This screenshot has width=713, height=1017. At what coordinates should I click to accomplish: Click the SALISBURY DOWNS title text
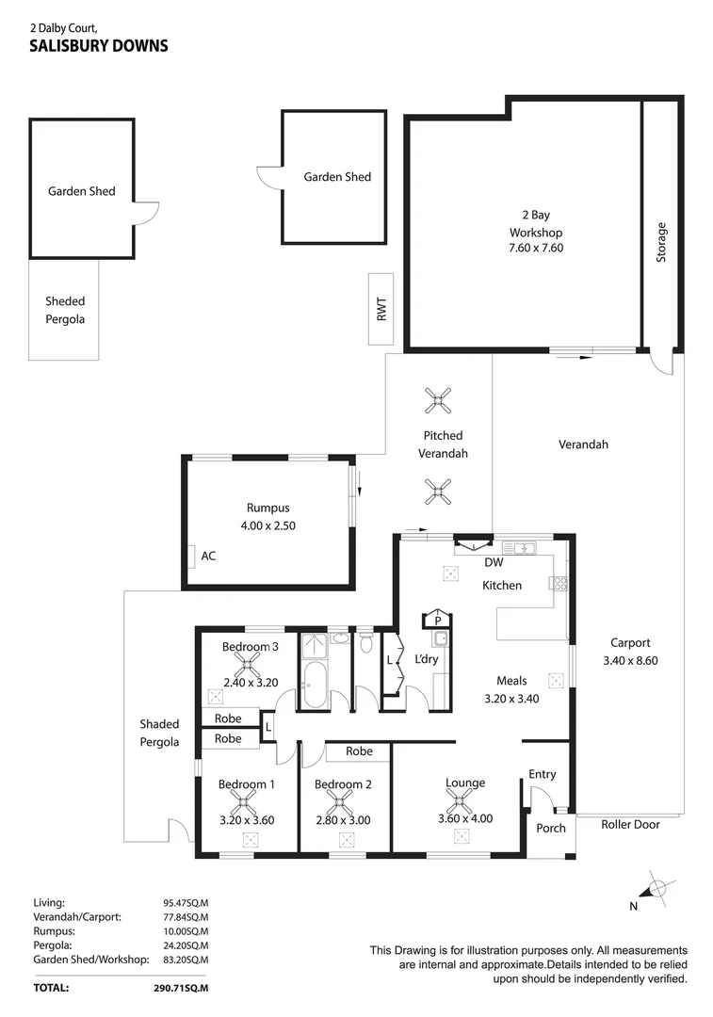tap(99, 44)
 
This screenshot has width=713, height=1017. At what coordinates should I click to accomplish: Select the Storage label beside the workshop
tap(661, 242)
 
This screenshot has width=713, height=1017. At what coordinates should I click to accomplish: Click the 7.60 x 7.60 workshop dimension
tap(536, 248)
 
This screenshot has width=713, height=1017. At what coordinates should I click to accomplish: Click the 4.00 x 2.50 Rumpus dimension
tap(271, 525)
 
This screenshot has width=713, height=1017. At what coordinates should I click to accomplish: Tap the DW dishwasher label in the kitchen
tap(494, 564)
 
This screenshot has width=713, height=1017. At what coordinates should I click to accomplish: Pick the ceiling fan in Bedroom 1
tap(247, 802)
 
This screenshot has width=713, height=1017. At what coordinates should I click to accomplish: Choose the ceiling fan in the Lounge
tap(462, 802)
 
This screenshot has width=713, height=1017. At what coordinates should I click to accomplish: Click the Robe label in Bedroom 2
tap(359, 751)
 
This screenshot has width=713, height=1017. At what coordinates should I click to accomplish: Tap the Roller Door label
tap(630, 824)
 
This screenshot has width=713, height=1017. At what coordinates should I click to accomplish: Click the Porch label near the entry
tap(550, 829)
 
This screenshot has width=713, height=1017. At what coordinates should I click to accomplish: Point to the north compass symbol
tap(656, 888)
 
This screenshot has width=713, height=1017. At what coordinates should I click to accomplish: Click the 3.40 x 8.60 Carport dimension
tap(629, 660)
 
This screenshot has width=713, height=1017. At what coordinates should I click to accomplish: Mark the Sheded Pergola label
tap(65, 310)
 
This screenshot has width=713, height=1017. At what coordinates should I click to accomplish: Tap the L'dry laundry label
tap(427, 659)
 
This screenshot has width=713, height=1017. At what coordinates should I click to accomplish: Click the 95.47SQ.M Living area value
tap(186, 902)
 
